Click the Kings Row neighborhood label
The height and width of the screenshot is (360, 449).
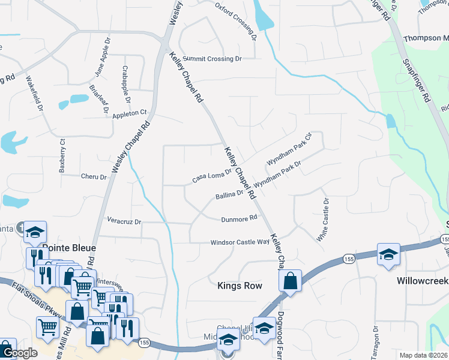tap(240, 286)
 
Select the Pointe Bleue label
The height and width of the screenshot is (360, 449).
tap(68, 247)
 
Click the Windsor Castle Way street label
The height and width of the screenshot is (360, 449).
tap(240, 242)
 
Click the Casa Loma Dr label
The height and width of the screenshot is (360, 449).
tap(211, 175)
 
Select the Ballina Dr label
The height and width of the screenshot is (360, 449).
tap(229, 195)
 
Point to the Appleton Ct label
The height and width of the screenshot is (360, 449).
tap(129, 113)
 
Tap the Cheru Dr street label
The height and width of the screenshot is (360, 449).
tap(93, 177)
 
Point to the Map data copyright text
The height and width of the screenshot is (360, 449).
tap(423, 355)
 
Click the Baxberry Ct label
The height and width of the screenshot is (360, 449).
tap(62, 156)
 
